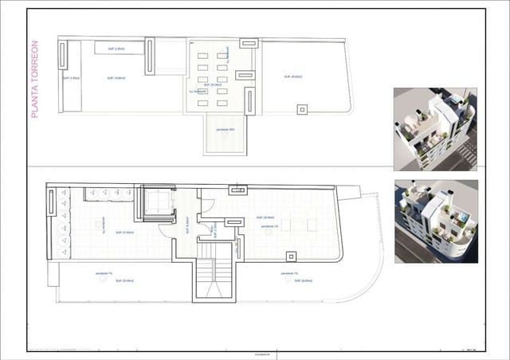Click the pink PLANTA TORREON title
pos(35,80)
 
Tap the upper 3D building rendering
pos(435,127)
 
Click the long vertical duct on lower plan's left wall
pos(52,223)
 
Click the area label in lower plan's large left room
pos(124,233)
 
